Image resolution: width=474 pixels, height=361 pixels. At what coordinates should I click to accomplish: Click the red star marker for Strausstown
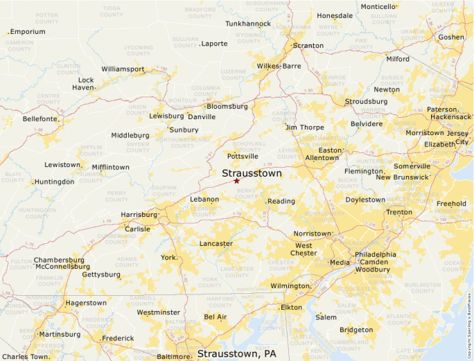pyautogui.click(x=236, y=181)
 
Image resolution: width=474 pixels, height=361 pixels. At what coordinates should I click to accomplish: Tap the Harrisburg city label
pyautogui.click(x=139, y=215)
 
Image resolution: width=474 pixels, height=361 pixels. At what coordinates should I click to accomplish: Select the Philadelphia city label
pyautogui.click(x=376, y=254)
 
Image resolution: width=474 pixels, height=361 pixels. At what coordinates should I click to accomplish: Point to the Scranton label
pyautogui.click(x=308, y=46)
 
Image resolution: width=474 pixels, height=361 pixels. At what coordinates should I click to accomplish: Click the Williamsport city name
pyautogui.click(x=123, y=69)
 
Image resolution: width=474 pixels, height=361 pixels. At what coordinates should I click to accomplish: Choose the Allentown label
pyautogui.click(x=322, y=158)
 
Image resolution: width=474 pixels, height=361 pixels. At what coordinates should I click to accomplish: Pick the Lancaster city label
pyautogui.click(x=216, y=244)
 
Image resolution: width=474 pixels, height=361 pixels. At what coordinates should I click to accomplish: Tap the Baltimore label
pyautogui.click(x=173, y=357)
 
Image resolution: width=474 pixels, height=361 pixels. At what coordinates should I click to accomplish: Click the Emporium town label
pyautogui.click(x=28, y=32)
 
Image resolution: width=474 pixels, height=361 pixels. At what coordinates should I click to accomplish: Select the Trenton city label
pyautogui.click(x=399, y=213)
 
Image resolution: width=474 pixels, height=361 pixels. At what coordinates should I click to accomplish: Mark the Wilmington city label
pyautogui.click(x=290, y=286)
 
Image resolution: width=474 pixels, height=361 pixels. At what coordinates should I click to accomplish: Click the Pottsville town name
pyautogui.click(x=243, y=157)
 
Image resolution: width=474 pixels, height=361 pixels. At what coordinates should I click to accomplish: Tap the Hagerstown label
pyautogui.click(x=86, y=303)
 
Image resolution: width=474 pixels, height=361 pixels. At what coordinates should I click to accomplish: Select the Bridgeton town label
pyautogui.click(x=356, y=330)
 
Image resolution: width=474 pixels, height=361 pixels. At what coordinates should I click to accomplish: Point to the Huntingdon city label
pyautogui.click(x=54, y=182)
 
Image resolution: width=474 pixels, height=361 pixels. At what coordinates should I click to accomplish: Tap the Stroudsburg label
pyautogui.click(x=366, y=102)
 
